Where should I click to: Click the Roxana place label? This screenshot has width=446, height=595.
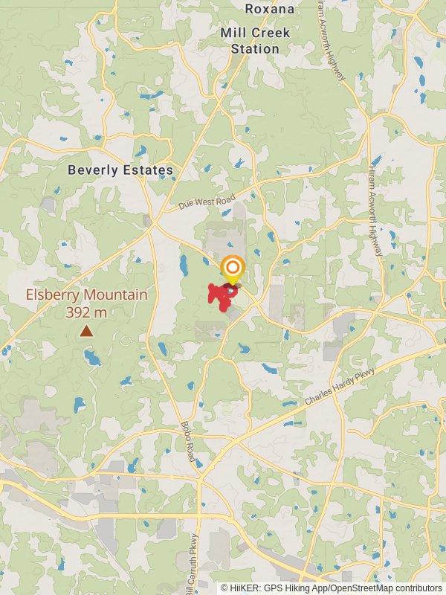[x=270, y=9]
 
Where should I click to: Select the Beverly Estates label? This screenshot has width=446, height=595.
[x=120, y=170]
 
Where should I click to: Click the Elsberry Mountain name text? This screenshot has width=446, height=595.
[x=86, y=295]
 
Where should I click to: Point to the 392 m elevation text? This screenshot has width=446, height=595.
[x=86, y=312]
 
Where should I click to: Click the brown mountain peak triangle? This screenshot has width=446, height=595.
[x=86, y=330]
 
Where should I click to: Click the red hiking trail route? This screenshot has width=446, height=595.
[x=219, y=297]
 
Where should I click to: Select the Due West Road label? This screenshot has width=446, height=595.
[x=207, y=202]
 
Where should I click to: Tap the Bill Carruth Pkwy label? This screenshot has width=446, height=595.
[x=191, y=565]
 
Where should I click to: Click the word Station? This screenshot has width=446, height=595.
[x=254, y=49]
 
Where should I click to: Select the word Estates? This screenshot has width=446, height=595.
[x=149, y=170]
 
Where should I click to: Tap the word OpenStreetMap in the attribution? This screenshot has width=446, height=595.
[x=359, y=588]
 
